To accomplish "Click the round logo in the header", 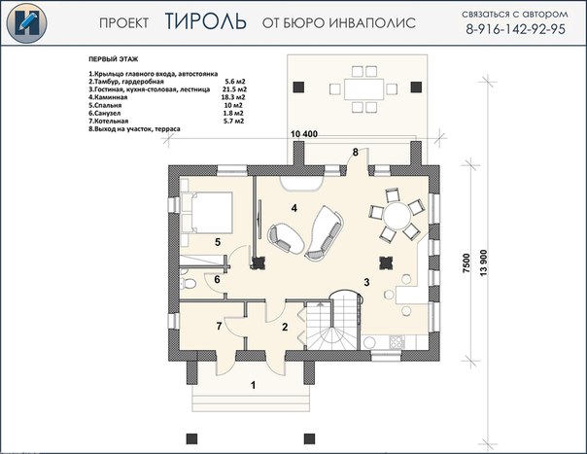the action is (26, 23).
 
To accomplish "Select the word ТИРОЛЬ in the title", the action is (205, 21).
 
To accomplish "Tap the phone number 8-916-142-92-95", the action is (515, 29).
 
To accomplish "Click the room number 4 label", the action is (294, 208).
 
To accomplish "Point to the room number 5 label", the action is (218, 242).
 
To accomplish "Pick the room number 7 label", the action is (219, 326).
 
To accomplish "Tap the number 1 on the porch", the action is (254, 385).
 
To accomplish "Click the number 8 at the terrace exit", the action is (356, 152).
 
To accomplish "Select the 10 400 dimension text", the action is (304, 134).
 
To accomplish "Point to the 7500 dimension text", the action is (466, 262).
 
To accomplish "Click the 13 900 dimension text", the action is (484, 262).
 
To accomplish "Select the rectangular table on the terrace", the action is (363, 88).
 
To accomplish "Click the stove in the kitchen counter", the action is (397, 341).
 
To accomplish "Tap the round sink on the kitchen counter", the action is (369, 343).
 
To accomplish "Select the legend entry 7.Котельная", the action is (109, 121).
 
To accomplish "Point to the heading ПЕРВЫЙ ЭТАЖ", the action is (114, 59).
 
